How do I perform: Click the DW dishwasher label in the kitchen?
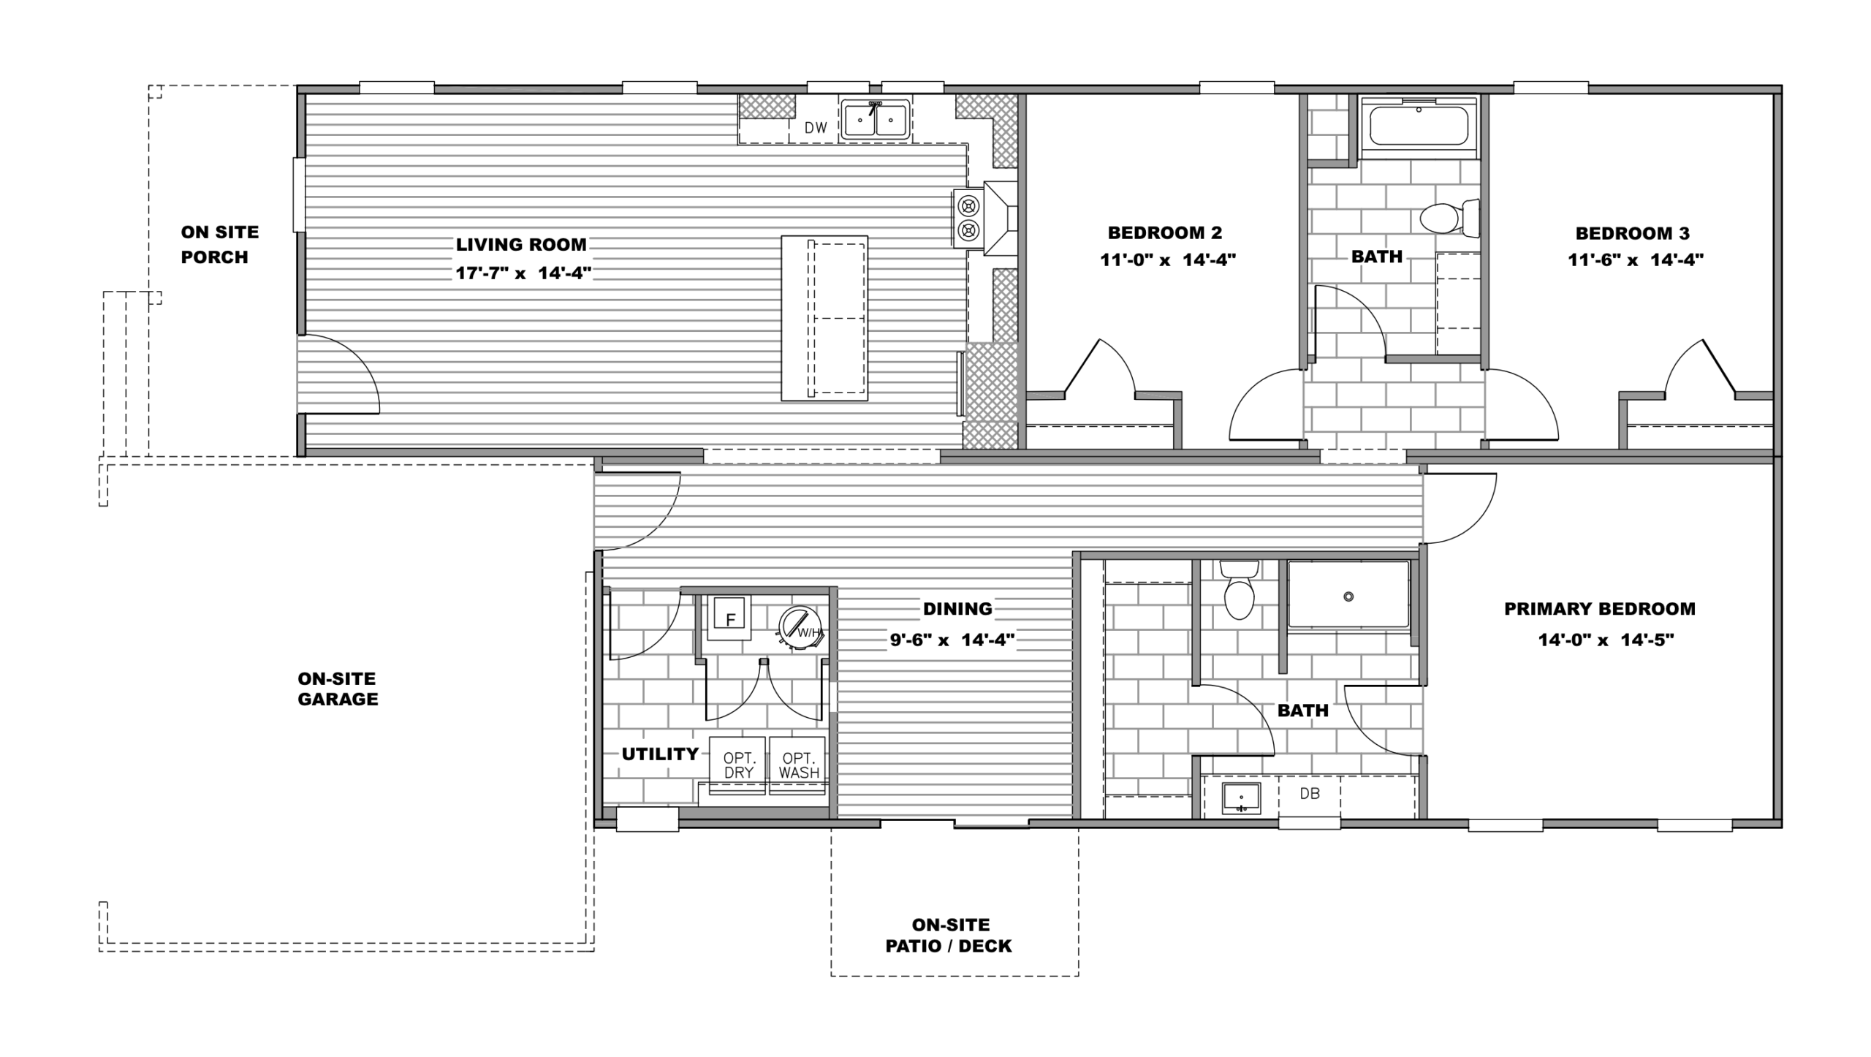tap(816, 128)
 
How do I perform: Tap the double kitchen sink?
tap(875, 119)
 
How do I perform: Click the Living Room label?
tap(521, 244)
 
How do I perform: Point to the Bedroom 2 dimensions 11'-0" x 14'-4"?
tap(1168, 259)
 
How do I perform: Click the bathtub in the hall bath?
tap(1418, 126)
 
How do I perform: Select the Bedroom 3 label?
tap(1632, 233)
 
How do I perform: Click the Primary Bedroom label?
tap(1599, 609)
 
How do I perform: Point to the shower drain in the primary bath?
tap(1348, 596)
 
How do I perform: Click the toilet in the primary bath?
tap(1239, 590)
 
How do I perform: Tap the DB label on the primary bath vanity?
tap(1310, 793)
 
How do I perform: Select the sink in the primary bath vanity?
tap(1241, 798)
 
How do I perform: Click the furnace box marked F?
tap(729, 618)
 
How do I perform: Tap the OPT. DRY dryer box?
tap(738, 765)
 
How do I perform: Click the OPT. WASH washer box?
tap(798, 765)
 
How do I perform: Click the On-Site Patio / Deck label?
tap(949, 935)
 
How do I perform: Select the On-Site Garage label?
tap(338, 689)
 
